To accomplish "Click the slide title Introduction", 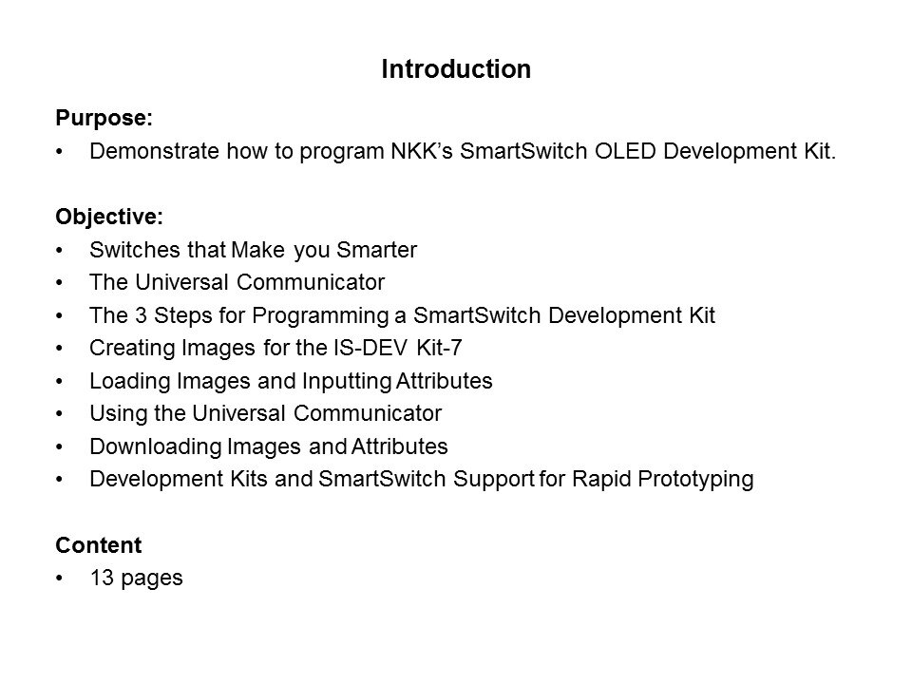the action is click(456, 69).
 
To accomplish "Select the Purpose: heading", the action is click(104, 119).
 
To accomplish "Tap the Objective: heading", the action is click(109, 217).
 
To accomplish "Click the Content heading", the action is click(98, 545).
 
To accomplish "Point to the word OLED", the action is click(625, 151).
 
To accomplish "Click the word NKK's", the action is click(421, 151).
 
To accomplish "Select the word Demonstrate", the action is click(154, 151).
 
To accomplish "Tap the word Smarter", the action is click(377, 250).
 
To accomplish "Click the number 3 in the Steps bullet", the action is click(141, 315).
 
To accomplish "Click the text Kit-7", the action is click(439, 348).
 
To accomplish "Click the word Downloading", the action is click(156, 447).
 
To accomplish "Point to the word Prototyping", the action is click(695, 480).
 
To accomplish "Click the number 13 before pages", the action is click(102, 579).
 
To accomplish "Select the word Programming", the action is click(320, 316).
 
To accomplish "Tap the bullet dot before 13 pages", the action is click(59, 579).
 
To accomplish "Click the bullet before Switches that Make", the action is click(59, 251).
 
